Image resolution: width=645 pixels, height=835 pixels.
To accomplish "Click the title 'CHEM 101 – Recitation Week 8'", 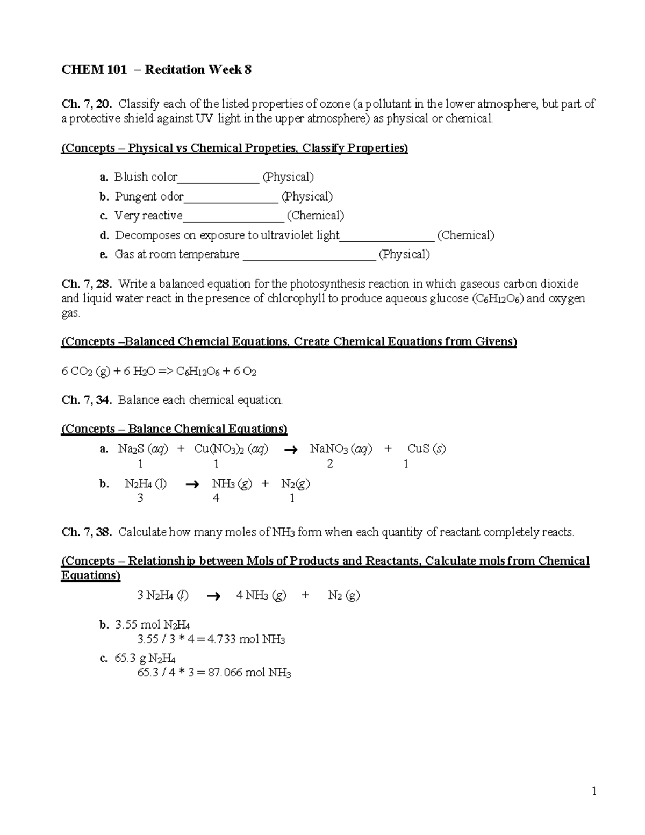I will coord(156,70).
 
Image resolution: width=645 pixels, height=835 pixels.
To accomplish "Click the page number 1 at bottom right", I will coord(594,790).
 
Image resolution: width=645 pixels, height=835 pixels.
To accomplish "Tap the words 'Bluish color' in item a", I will coord(146,177).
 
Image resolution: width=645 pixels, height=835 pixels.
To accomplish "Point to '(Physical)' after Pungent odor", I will coord(307,196).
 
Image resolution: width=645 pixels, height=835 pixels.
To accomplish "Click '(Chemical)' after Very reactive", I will coord(316,216).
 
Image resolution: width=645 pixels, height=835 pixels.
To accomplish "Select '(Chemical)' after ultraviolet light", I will coord(465,235).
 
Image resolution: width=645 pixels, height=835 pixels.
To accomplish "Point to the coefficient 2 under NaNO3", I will coord(329,464).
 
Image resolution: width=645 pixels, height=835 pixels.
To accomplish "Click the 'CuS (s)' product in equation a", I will coord(426,448).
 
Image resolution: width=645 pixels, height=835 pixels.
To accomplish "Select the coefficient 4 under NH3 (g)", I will coord(216,498).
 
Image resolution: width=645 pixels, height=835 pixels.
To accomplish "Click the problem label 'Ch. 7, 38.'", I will coord(87,532).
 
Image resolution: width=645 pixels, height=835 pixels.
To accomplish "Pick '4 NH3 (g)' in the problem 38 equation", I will coord(261,595).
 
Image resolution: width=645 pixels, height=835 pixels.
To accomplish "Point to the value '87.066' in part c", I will coord(224,673).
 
